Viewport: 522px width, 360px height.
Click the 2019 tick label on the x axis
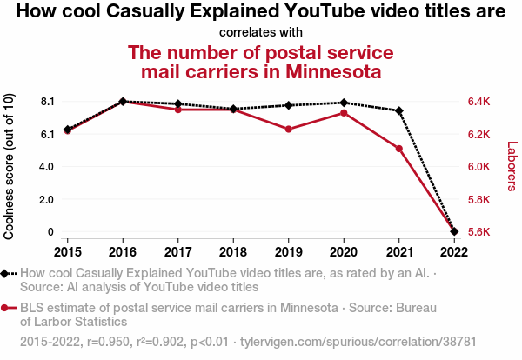click(288, 251)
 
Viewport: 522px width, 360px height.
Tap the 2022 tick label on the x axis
click(454, 251)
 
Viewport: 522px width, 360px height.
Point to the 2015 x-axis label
click(67, 251)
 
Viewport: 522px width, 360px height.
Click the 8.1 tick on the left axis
click(48, 102)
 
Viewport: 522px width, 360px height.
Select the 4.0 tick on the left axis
click(48, 167)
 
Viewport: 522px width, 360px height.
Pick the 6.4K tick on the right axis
click(478, 102)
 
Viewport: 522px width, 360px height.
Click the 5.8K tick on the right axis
click(478, 199)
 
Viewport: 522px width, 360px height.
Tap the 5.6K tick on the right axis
click(478, 232)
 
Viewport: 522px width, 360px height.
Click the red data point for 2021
click(398, 149)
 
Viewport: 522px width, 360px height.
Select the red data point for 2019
click(288, 129)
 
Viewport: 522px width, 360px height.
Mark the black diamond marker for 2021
click(398, 110)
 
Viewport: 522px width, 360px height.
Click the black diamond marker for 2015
click(67, 130)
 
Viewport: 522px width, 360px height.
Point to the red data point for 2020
click(344, 113)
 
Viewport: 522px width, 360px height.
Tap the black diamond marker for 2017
click(177, 104)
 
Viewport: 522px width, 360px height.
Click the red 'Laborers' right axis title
click(512, 167)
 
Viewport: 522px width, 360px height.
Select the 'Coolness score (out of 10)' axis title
click(10, 167)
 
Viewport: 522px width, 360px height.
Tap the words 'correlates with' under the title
click(261, 33)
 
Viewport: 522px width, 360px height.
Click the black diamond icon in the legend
click(6, 273)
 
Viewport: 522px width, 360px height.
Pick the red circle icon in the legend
click(6, 307)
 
